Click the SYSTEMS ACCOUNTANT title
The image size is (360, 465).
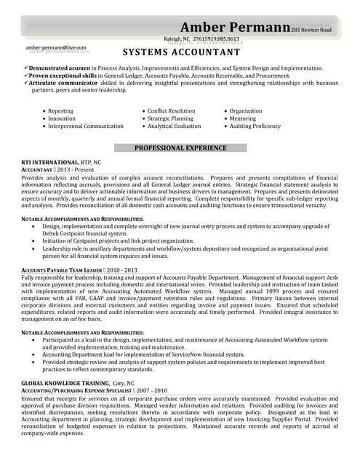point(181,53)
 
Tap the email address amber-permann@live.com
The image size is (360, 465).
point(56,47)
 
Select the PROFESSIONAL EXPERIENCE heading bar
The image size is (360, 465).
point(180,147)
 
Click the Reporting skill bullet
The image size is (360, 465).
point(60,111)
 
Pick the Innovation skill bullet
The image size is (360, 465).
point(62,118)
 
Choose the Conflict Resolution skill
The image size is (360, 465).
point(171,111)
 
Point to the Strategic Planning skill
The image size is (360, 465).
point(170,118)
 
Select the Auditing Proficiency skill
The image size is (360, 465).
point(255,126)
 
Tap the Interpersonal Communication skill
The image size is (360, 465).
point(86,126)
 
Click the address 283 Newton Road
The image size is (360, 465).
point(311,30)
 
